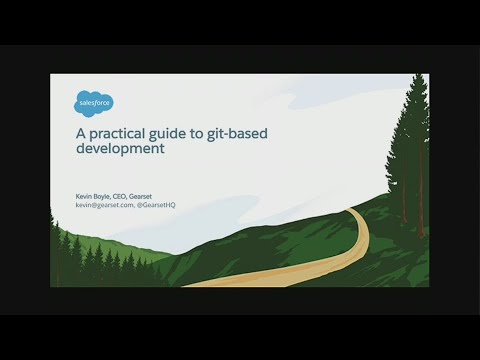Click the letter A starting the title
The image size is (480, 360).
pos(81,131)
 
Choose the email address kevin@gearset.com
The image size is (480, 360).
pos(104,205)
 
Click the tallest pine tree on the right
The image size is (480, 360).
pos(411,150)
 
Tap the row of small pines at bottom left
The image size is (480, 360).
pos(90,265)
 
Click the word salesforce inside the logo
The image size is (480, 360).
pos(95,102)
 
